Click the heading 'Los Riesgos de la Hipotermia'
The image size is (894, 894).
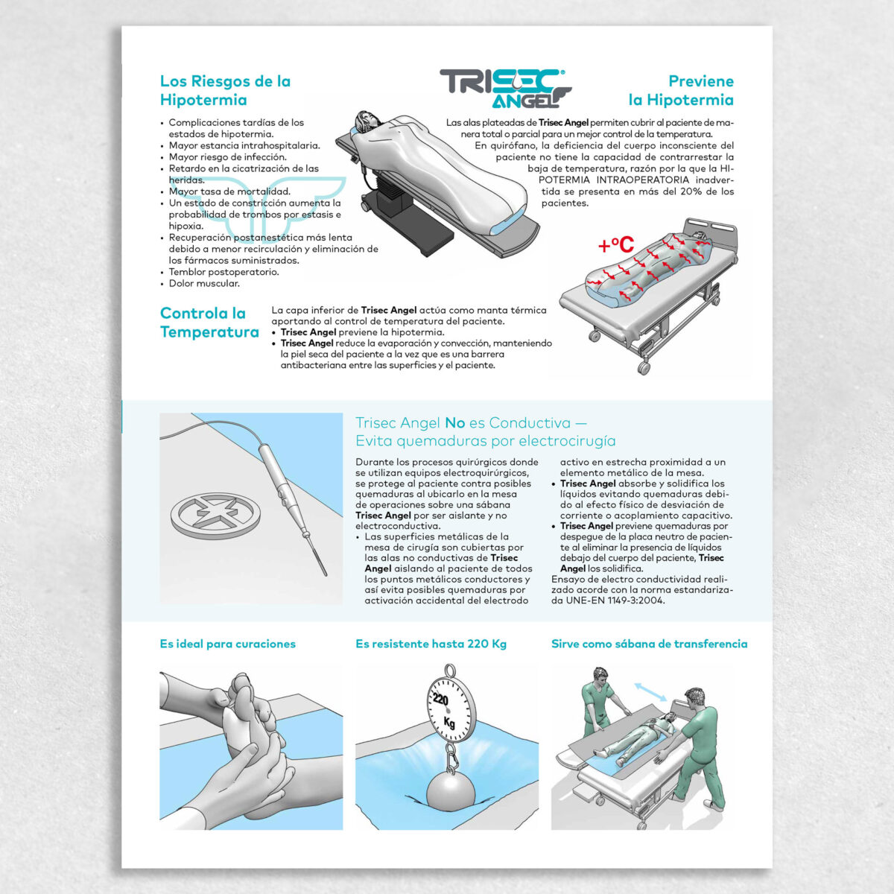click(x=225, y=90)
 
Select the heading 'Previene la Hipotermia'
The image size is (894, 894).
click(x=681, y=90)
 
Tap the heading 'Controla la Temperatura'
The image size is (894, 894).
click(x=209, y=323)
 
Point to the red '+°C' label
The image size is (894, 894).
click(x=615, y=245)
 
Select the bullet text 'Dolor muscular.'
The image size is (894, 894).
click(x=204, y=283)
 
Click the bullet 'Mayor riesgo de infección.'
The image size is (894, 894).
click(x=227, y=157)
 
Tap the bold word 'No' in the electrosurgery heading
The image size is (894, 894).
click(x=454, y=423)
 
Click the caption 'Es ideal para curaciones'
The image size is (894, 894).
click(x=227, y=644)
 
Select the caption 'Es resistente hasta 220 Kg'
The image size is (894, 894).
click(x=431, y=644)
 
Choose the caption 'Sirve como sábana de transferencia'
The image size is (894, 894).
click(x=649, y=644)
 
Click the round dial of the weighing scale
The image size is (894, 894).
click(x=448, y=708)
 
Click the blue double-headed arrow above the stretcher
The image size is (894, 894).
click(x=650, y=691)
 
